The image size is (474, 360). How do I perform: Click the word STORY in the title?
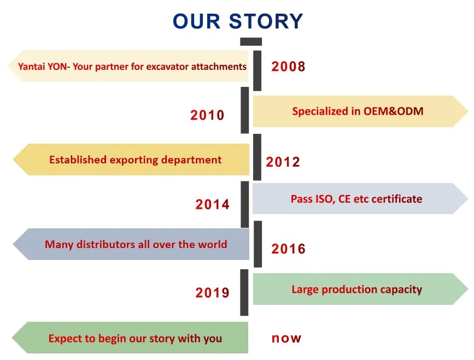point(266,21)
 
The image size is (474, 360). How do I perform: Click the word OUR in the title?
point(196,21)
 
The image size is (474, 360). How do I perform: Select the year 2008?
point(288,67)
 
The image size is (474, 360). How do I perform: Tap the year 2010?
point(207,115)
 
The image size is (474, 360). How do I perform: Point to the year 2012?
point(283,162)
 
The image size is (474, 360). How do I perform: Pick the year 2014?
point(213,204)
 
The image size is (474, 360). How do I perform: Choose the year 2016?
point(288,249)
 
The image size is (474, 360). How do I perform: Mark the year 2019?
point(213,293)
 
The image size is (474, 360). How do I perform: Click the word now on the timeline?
point(286,339)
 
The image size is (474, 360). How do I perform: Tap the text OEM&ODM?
point(393,111)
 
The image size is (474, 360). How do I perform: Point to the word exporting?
point(134,160)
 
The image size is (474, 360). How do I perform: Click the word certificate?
point(396,199)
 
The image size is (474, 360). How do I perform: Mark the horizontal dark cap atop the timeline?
point(251,42)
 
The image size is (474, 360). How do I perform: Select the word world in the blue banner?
point(213,244)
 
